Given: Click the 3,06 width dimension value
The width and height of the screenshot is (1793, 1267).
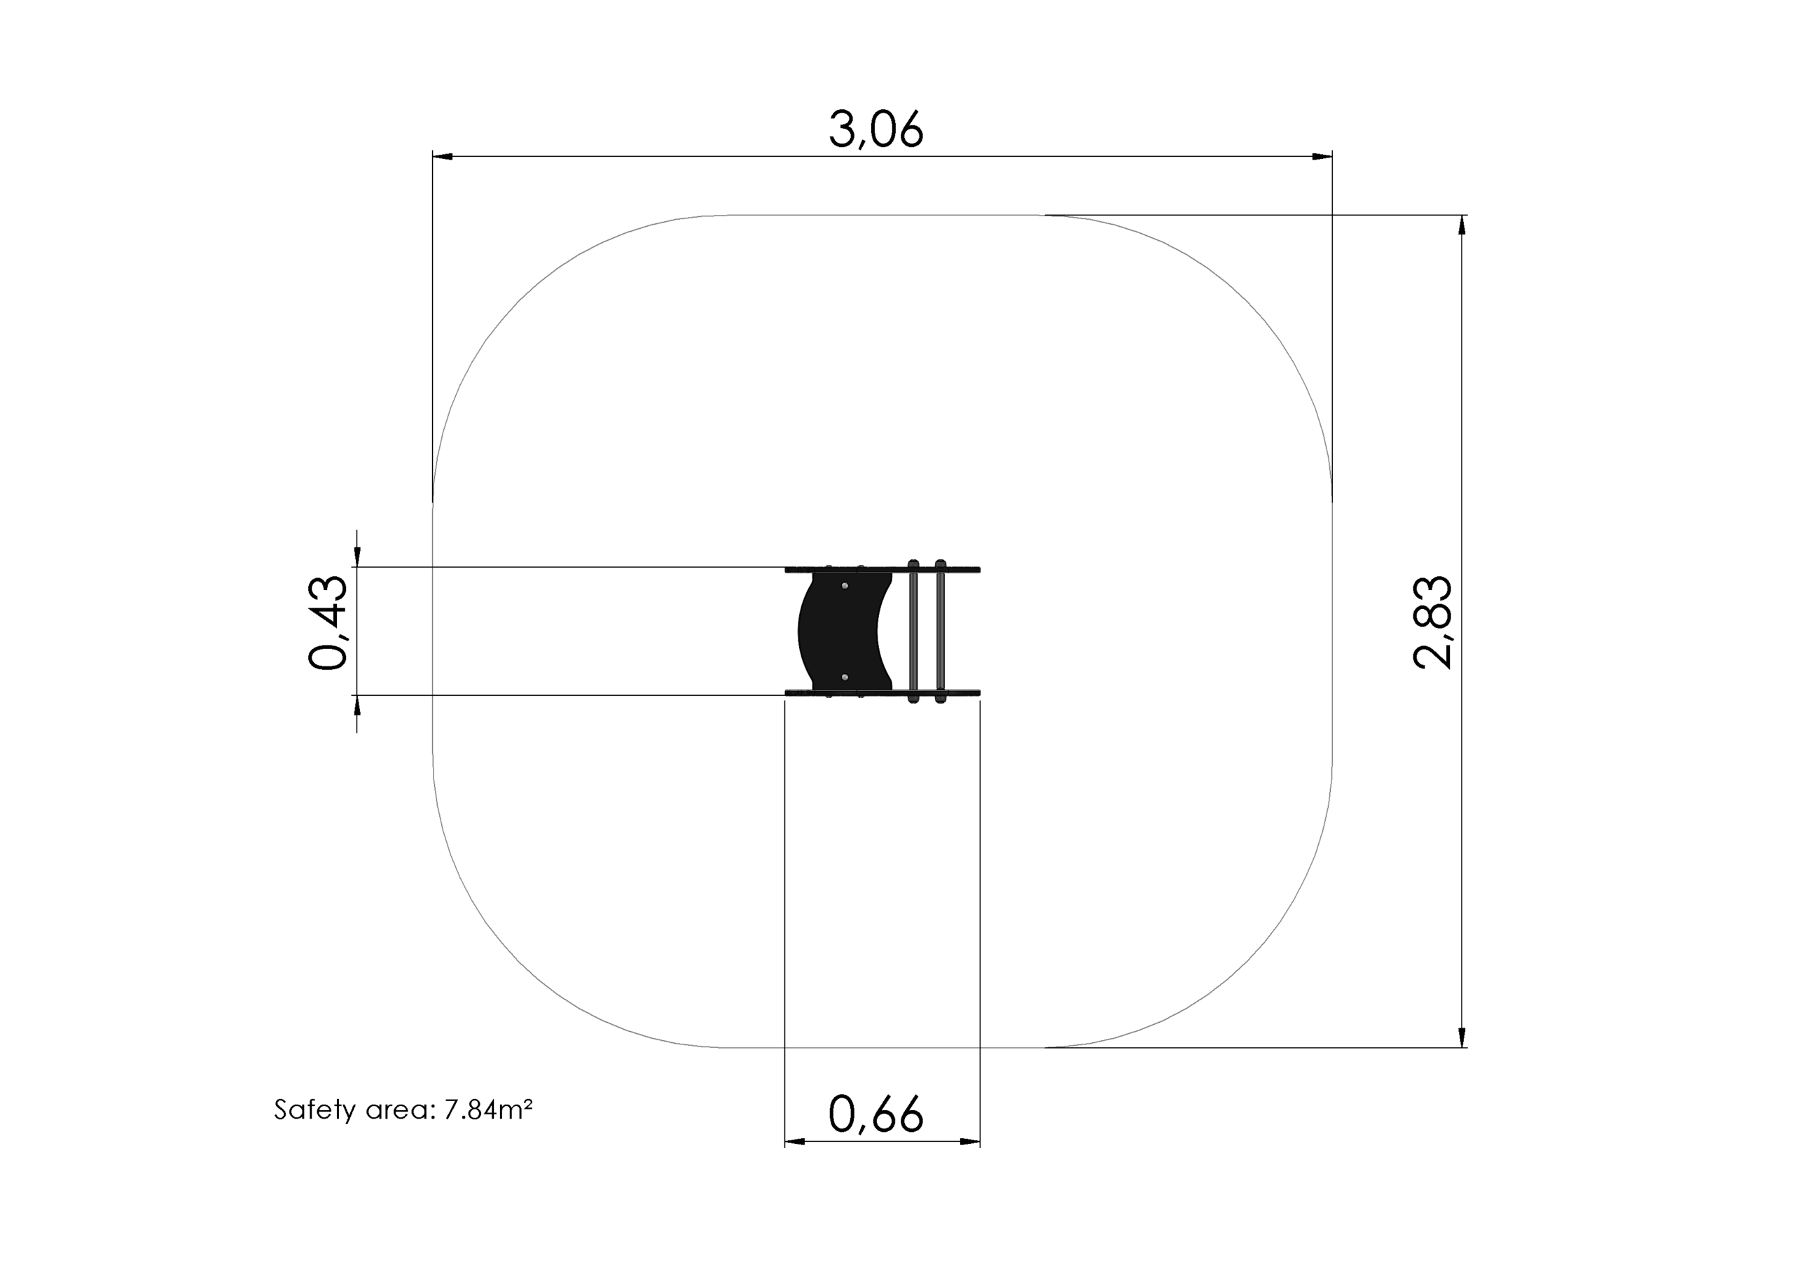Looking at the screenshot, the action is pyautogui.click(x=876, y=129).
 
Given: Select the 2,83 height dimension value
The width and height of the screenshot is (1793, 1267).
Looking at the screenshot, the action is pyautogui.click(x=1432, y=622).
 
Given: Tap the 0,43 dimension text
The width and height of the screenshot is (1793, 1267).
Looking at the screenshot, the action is pyautogui.click(x=327, y=622).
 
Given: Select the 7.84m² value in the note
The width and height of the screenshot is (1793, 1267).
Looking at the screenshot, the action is pyautogui.click(x=489, y=1109).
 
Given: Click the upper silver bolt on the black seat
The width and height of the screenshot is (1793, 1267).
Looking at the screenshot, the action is pyautogui.click(x=844, y=585).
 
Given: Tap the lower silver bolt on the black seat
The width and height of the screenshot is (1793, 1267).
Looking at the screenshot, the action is pyautogui.click(x=844, y=677).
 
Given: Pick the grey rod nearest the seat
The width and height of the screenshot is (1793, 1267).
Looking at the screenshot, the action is pyautogui.click(x=914, y=631).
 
